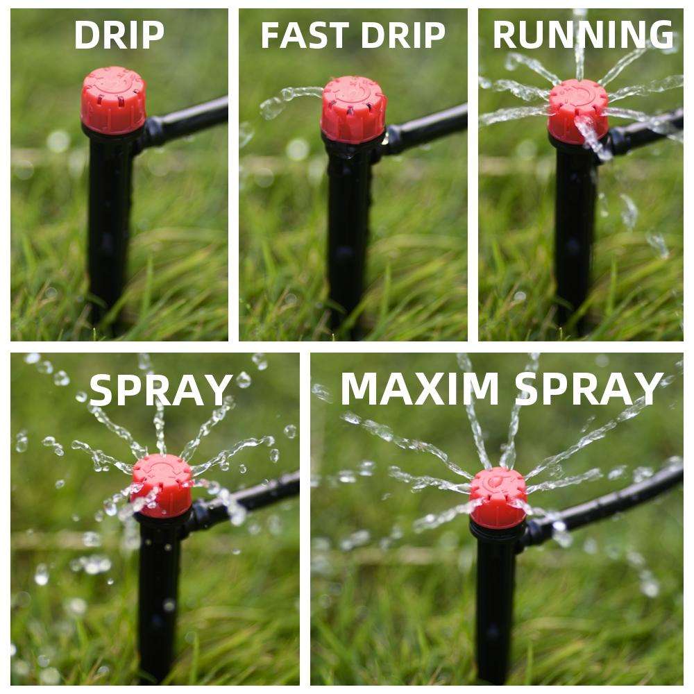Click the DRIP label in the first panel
119,35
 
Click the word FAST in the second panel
303,35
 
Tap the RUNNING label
583,35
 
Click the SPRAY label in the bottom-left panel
160,390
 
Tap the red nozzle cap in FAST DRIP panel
353,109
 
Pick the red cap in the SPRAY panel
162,485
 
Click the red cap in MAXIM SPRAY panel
498,497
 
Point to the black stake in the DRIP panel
108,222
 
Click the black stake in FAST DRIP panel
346,229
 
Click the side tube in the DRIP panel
191,118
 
